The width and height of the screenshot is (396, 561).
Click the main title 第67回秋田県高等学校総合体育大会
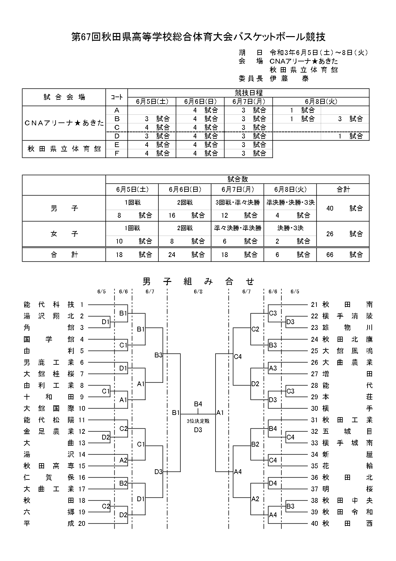tap(198, 37)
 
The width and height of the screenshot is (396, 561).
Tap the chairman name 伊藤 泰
tap(289, 78)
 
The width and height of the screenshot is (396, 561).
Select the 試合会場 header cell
tap(64, 97)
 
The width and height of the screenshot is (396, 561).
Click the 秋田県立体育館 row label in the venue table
tap(64, 149)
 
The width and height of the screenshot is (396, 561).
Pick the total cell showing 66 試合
tap(343, 254)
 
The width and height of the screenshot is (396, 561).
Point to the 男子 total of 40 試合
tap(343, 208)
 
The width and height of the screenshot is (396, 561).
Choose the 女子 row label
tap(64, 234)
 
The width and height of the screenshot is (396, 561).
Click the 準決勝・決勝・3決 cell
tap(290, 202)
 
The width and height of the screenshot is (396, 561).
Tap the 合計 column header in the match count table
tap(343, 189)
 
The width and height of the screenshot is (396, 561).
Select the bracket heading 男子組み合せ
tap(198, 281)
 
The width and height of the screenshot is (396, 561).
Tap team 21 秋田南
tap(342, 305)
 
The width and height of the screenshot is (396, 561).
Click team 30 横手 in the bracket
tap(342, 409)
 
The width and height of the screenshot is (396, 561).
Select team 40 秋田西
tap(342, 524)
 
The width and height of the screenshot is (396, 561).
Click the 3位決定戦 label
tap(198, 421)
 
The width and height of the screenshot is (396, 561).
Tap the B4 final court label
tap(198, 404)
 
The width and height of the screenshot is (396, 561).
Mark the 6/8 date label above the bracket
tap(198, 292)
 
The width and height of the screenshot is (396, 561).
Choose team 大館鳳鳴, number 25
tap(342, 351)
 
